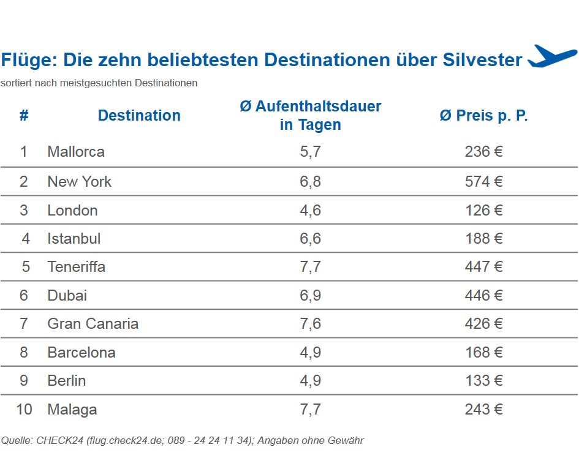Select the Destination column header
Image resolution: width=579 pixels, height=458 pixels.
139,116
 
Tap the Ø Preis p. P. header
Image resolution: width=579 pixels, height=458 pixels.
483,116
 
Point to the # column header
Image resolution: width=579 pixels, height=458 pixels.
24,116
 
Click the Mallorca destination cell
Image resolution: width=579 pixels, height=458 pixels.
76,151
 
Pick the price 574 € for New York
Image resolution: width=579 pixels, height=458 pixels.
483,182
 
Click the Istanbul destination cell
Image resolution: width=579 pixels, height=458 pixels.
74,239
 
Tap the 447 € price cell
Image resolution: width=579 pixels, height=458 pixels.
483,267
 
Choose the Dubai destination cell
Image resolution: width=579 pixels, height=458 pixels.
67,296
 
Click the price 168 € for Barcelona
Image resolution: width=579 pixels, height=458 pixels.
483,353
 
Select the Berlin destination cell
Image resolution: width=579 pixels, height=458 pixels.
67,381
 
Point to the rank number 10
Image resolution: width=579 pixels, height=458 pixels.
24,410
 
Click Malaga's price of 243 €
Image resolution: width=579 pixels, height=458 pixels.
483,410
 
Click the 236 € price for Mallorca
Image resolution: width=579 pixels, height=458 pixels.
483,151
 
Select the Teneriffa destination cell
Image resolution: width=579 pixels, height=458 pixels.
77,267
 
